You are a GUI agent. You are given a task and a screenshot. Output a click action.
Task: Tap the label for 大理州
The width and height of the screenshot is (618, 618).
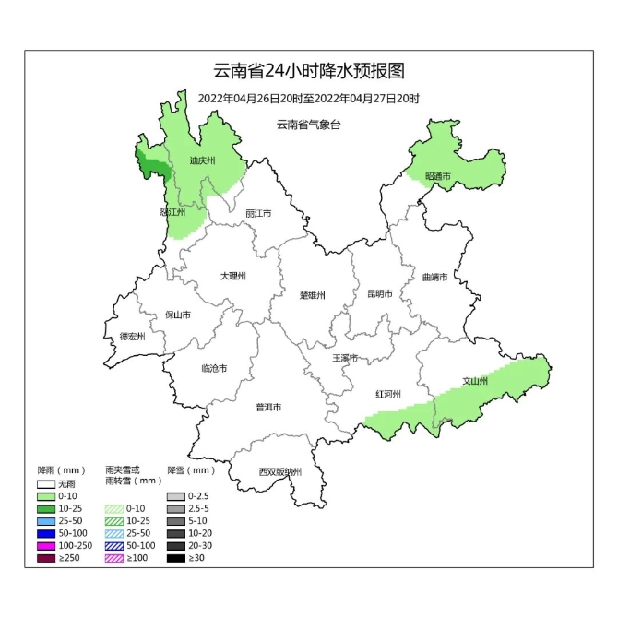[x=232, y=276]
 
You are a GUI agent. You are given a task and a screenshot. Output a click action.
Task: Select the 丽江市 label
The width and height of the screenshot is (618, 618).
[x=258, y=214]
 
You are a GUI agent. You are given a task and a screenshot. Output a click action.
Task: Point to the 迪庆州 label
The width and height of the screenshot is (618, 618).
[x=202, y=160]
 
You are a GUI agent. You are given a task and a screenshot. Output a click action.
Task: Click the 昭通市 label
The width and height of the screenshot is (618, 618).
[x=437, y=175]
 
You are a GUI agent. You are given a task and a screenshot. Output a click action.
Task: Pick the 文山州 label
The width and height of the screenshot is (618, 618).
[x=475, y=380]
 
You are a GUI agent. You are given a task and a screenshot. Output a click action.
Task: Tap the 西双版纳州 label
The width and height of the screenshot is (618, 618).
[x=279, y=472]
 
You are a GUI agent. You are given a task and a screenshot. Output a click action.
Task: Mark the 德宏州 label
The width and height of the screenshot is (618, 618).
[x=133, y=337]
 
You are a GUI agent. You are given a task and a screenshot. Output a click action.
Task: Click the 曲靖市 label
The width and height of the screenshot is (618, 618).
[x=434, y=276]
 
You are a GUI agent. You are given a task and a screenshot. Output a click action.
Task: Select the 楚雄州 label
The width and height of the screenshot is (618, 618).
[x=313, y=295]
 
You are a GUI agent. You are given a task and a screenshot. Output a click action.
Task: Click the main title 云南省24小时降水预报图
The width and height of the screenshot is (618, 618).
[x=309, y=71]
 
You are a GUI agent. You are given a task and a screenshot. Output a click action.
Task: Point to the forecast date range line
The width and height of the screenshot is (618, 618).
[x=309, y=98]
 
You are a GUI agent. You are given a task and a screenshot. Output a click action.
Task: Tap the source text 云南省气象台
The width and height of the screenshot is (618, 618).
[x=309, y=125]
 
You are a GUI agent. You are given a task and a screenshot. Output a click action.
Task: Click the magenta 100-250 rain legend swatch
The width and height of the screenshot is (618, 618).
[x=46, y=546]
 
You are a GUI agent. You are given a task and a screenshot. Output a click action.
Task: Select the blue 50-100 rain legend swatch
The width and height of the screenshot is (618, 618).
[x=46, y=533]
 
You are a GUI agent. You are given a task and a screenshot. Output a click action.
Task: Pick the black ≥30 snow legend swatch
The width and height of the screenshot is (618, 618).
[x=175, y=559]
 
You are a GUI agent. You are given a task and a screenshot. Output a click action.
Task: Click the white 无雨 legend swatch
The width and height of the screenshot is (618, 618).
[x=46, y=482]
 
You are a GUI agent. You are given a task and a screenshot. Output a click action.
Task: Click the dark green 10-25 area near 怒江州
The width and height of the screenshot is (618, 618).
[x=153, y=162]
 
